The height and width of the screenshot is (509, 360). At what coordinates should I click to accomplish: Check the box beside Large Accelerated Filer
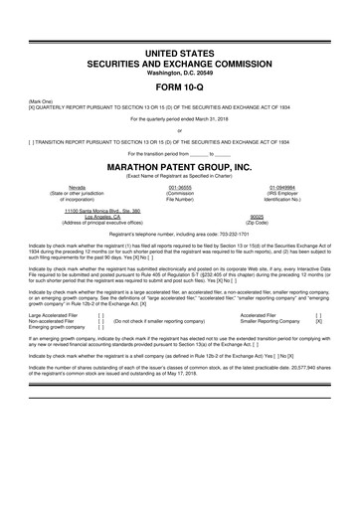[101, 343]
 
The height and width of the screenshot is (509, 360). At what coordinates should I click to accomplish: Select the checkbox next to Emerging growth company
[101, 357]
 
